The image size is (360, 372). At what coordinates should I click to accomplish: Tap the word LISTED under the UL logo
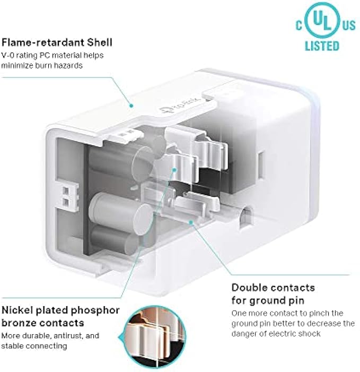coord(322,46)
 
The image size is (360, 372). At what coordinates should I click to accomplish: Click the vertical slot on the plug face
coord(261,159)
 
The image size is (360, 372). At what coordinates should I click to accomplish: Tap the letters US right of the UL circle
coord(347,24)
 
